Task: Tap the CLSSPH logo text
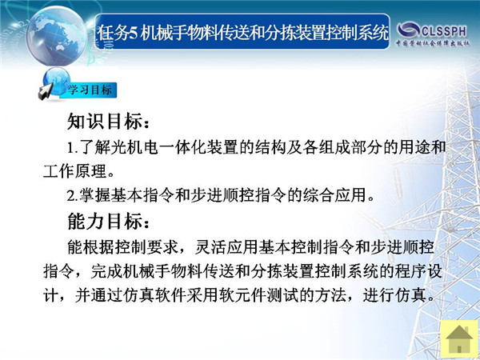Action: coord(445,31)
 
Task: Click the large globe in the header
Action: coord(57,36)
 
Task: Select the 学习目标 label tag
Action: coord(90,90)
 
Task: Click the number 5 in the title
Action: coord(133,33)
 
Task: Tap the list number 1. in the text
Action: coord(73,149)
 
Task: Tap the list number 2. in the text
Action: coord(73,196)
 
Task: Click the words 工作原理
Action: coord(74,171)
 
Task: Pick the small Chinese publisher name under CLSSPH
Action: coord(433,43)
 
